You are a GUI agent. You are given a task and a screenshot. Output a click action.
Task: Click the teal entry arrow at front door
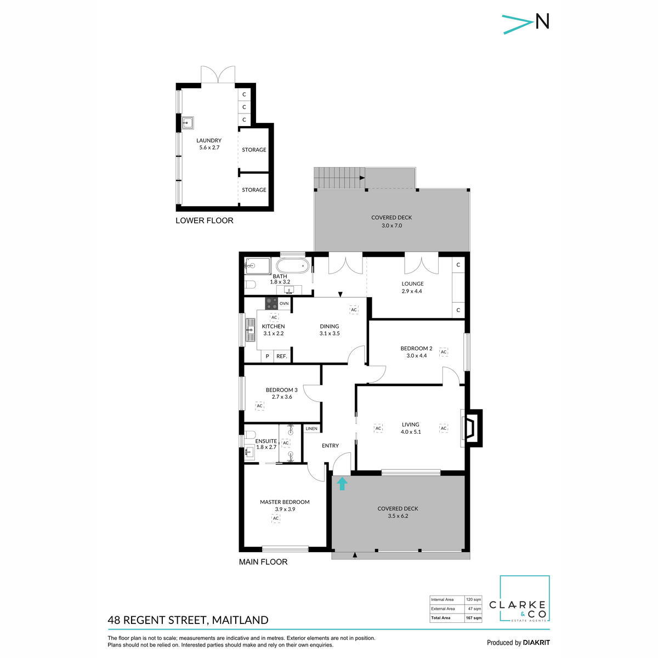(x=342, y=483)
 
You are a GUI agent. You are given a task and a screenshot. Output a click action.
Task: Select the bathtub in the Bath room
(x=295, y=266)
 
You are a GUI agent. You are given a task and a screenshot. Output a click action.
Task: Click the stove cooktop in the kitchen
(x=271, y=303)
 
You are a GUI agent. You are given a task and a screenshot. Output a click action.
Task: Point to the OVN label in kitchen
(x=284, y=303)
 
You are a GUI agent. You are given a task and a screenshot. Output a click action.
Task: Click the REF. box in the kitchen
(x=282, y=356)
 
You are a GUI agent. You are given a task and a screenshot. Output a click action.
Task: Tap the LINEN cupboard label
(x=311, y=429)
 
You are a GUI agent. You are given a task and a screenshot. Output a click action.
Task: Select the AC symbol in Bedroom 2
(x=444, y=352)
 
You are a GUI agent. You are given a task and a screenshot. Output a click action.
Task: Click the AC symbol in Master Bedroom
(x=276, y=518)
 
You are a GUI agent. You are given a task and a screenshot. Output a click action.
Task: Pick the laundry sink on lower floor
(x=188, y=122)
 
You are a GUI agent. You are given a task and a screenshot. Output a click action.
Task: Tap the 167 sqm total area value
(x=473, y=618)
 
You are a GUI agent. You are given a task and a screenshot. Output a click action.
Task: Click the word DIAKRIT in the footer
(x=536, y=643)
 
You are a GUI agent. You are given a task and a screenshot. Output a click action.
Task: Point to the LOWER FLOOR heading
(x=204, y=220)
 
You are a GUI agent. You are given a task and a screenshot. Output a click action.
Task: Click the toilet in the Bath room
(x=250, y=285)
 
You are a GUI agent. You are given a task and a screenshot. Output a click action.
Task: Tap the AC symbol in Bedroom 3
(x=260, y=406)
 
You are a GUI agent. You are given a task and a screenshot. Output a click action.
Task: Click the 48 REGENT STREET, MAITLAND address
(x=188, y=620)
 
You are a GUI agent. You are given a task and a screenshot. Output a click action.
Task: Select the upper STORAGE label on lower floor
(x=254, y=150)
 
